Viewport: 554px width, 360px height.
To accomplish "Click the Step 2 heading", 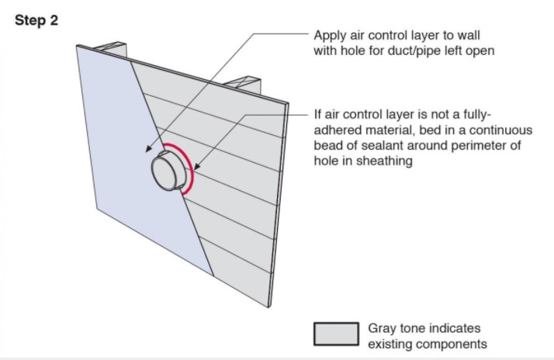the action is (x=36, y=20).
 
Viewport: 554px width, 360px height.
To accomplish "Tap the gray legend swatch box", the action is (x=337, y=334).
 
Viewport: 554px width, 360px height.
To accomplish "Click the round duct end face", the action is (x=164, y=174).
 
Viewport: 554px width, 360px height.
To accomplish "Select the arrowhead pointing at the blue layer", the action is (x=150, y=148).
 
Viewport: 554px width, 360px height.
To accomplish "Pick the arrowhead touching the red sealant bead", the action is (x=197, y=166).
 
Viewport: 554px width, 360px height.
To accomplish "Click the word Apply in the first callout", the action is (x=331, y=36).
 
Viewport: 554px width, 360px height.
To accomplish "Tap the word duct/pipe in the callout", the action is (x=414, y=51).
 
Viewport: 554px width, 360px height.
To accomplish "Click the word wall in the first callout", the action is (x=469, y=36).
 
